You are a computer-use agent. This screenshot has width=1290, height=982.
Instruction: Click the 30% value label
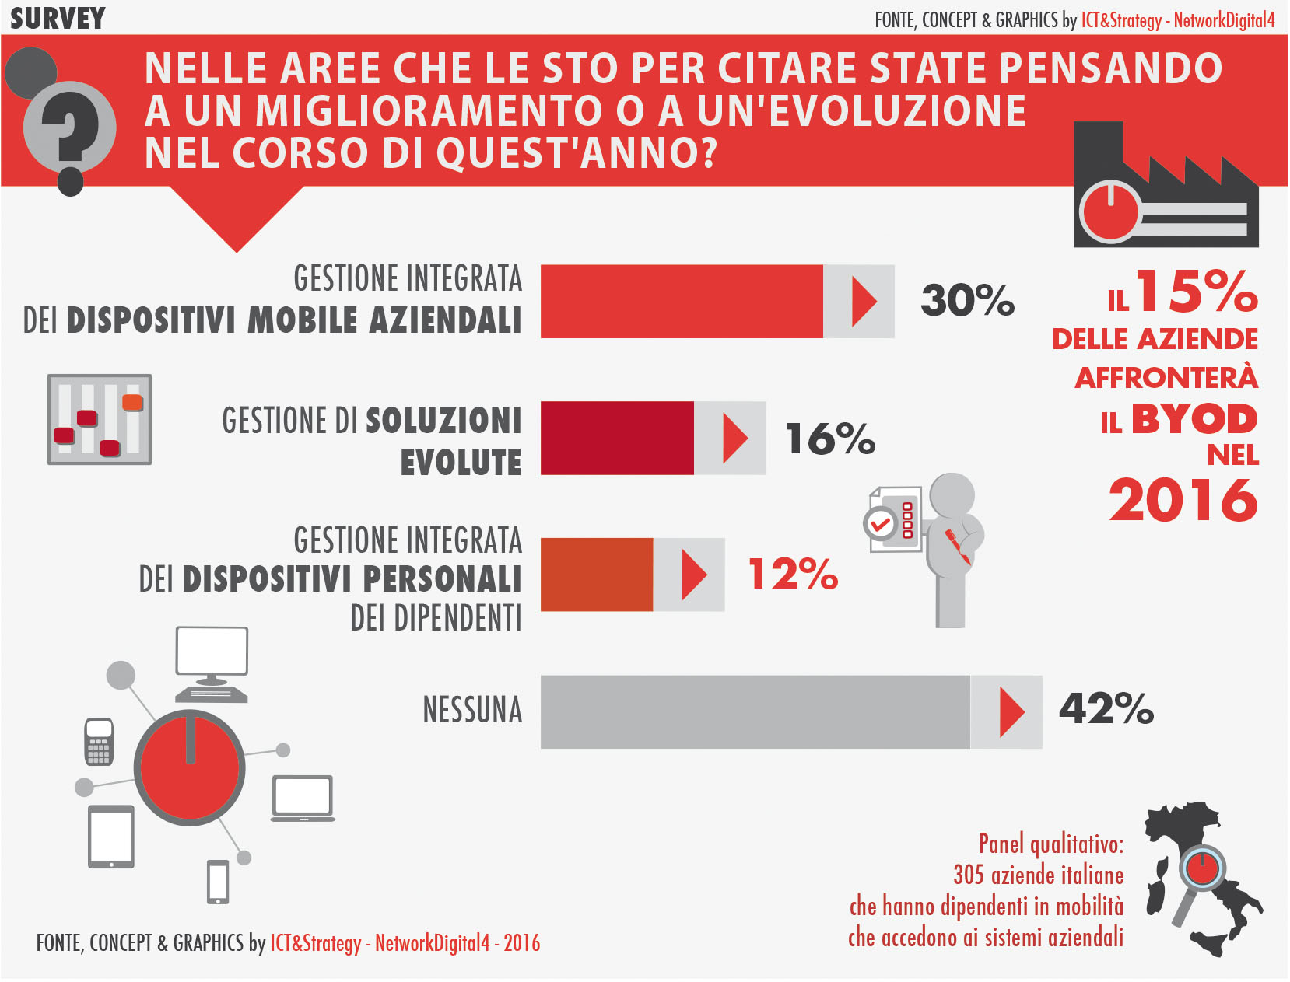967,301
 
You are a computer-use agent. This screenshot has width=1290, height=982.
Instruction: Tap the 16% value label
830,439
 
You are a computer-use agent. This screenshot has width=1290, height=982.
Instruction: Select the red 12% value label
792,575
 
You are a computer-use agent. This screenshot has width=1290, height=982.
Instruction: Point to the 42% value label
1106,709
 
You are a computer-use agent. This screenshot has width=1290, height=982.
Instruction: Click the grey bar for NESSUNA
755,712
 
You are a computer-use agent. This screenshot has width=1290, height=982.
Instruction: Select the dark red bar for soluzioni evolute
617,438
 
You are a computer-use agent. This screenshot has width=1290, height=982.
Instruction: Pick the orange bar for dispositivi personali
597,575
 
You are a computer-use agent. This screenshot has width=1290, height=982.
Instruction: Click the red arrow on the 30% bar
863,302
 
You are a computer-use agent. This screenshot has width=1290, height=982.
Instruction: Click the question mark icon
69,128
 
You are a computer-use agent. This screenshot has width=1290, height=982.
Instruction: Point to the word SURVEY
58,19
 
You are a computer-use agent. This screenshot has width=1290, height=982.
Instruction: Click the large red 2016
1183,500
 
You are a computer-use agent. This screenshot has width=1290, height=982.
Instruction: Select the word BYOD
1194,419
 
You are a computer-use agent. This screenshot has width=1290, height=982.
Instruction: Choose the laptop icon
303,798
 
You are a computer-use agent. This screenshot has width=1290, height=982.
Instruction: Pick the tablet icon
111,837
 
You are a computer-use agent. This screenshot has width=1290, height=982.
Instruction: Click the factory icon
1165,190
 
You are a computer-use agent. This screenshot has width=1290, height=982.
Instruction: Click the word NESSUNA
472,710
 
